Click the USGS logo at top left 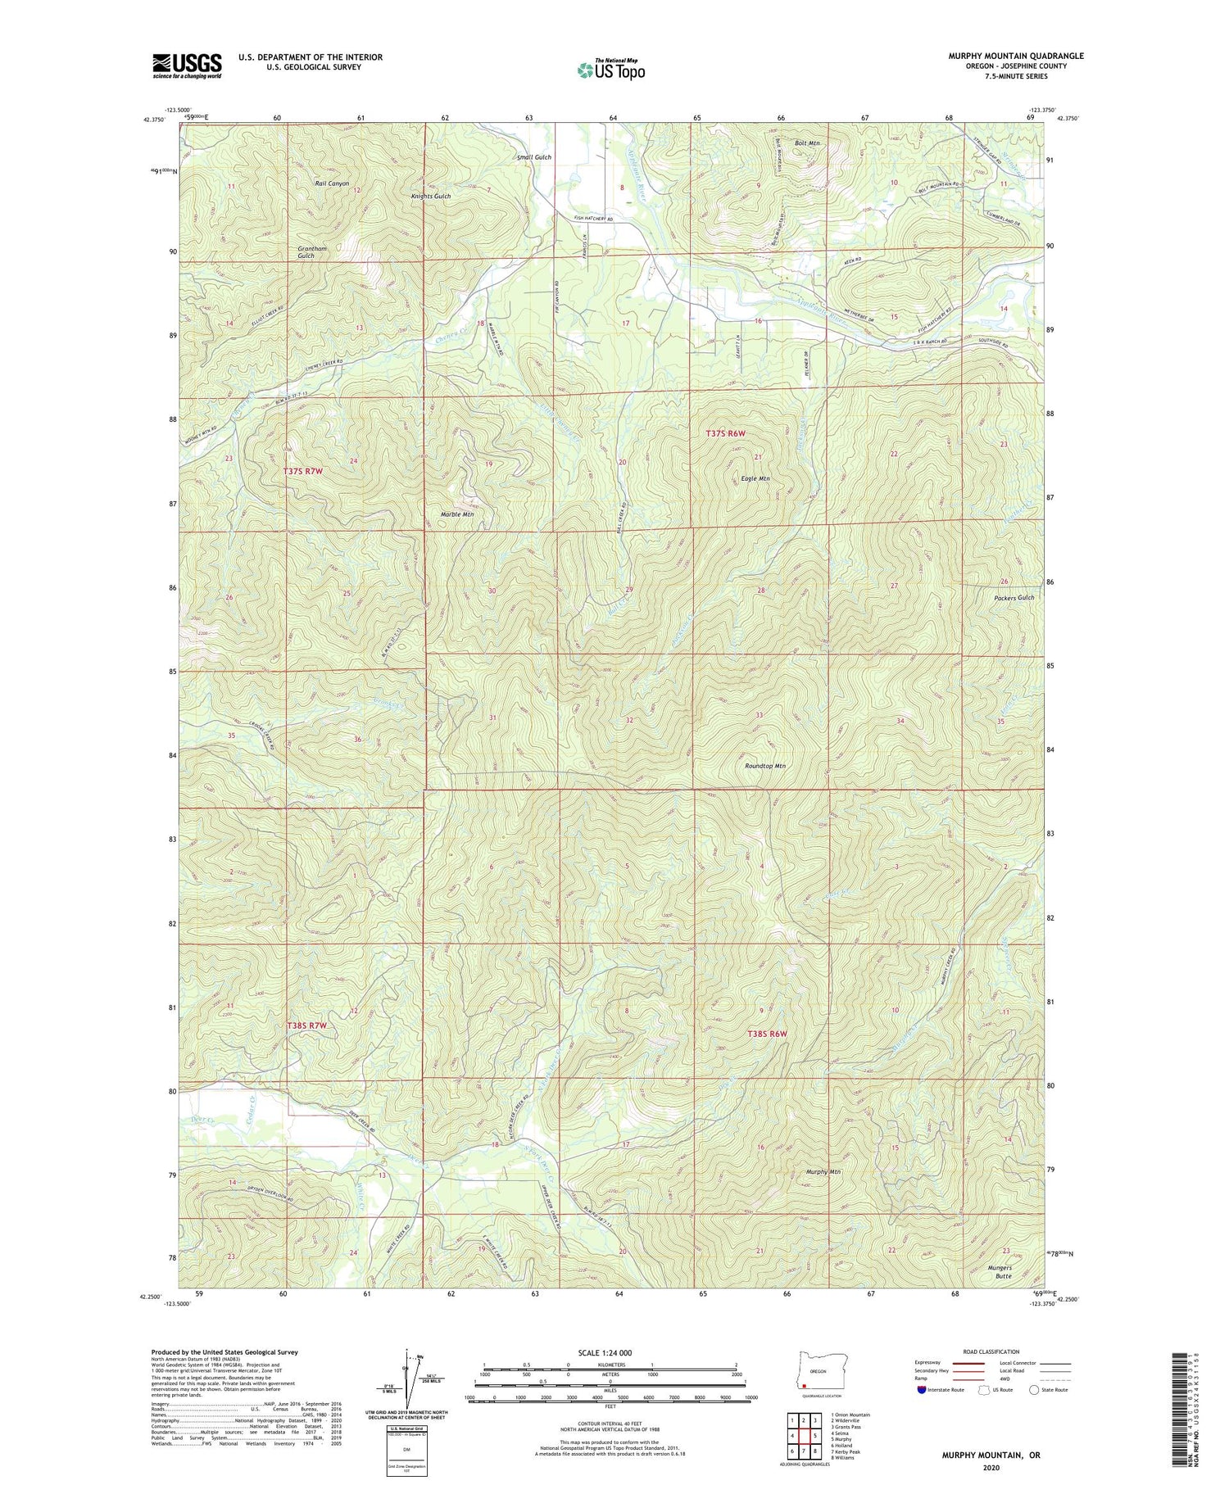coord(187,65)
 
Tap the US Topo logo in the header coord(610,69)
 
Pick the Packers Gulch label coord(1013,598)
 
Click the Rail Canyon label coord(332,183)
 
